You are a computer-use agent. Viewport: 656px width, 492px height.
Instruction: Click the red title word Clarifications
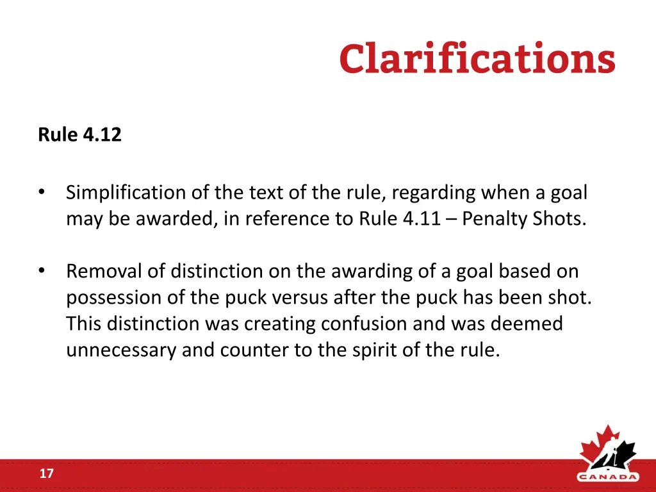click(x=477, y=60)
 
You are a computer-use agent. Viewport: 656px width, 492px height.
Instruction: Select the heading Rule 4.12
click(x=79, y=135)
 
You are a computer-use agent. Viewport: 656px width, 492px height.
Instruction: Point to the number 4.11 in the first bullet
click(x=422, y=219)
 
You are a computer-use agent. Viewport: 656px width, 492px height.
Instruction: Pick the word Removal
click(x=104, y=272)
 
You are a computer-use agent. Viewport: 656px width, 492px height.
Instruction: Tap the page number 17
click(x=46, y=474)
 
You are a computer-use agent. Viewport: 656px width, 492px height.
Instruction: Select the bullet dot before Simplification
click(x=42, y=192)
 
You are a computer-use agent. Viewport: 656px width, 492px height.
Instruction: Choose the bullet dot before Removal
click(x=42, y=271)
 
